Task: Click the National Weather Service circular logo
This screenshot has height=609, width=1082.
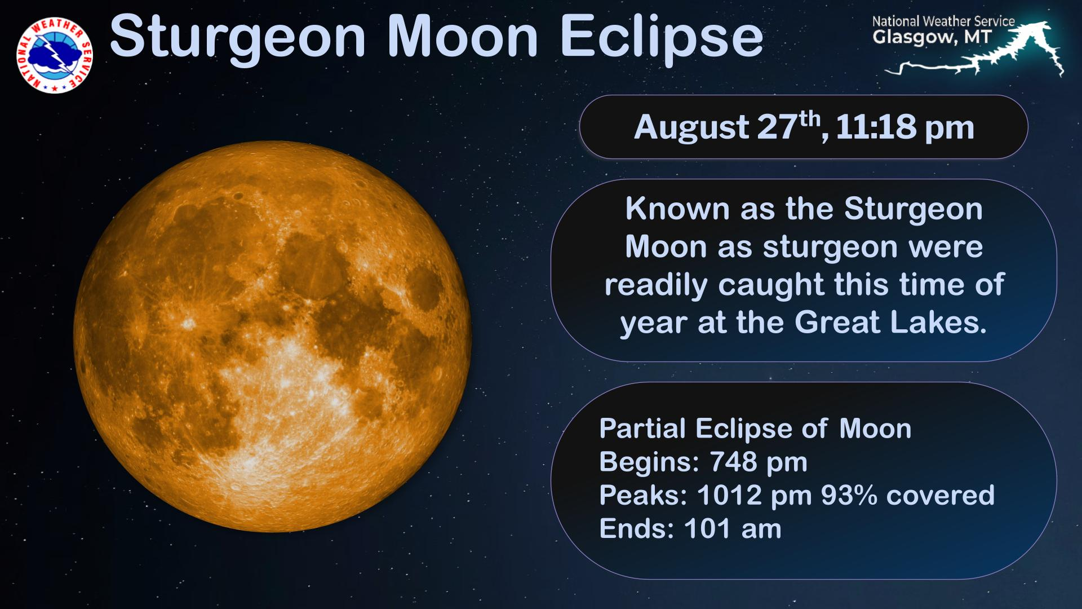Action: click(55, 55)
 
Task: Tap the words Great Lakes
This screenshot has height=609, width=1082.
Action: click(890, 323)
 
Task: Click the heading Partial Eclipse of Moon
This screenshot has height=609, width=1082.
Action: click(755, 429)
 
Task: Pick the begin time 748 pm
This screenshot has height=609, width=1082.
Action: click(759, 462)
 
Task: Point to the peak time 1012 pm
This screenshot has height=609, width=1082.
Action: click(755, 496)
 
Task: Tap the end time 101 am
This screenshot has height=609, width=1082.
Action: click(733, 529)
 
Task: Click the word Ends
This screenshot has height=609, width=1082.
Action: click(637, 529)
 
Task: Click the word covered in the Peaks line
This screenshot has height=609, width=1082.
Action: click(941, 495)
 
